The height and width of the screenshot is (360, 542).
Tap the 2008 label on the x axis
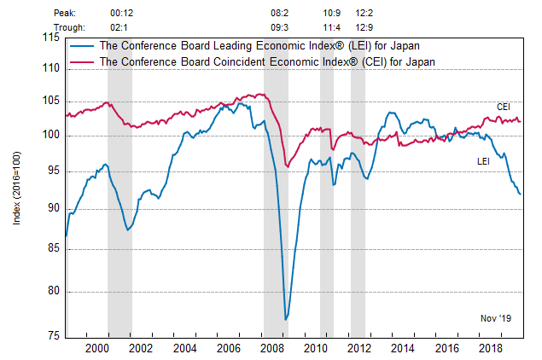pyautogui.click(x=272, y=348)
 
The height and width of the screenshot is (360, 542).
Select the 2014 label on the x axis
pyautogui.click(x=403, y=348)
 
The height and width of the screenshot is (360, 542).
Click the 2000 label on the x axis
pyautogui.click(x=97, y=348)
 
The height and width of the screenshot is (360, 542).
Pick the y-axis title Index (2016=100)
pyautogui.click(x=18, y=189)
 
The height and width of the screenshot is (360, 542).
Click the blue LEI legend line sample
pyautogui.click(x=83, y=46)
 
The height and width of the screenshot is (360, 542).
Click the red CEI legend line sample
pyautogui.click(x=83, y=61)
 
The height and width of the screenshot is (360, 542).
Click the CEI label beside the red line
pyautogui.click(x=504, y=107)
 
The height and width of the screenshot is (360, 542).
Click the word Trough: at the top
pyautogui.click(x=69, y=26)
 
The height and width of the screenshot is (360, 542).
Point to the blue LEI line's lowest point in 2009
pyautogui.click(x=285, y=320)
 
